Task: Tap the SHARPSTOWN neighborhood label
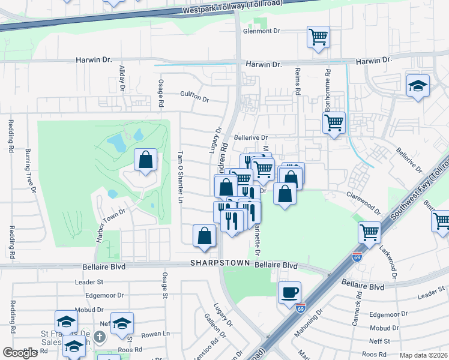219,263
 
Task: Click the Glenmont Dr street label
262,31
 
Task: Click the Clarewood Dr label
364,202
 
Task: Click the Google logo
20,353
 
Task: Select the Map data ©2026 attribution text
424,355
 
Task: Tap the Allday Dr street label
122,78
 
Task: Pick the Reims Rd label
297,82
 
